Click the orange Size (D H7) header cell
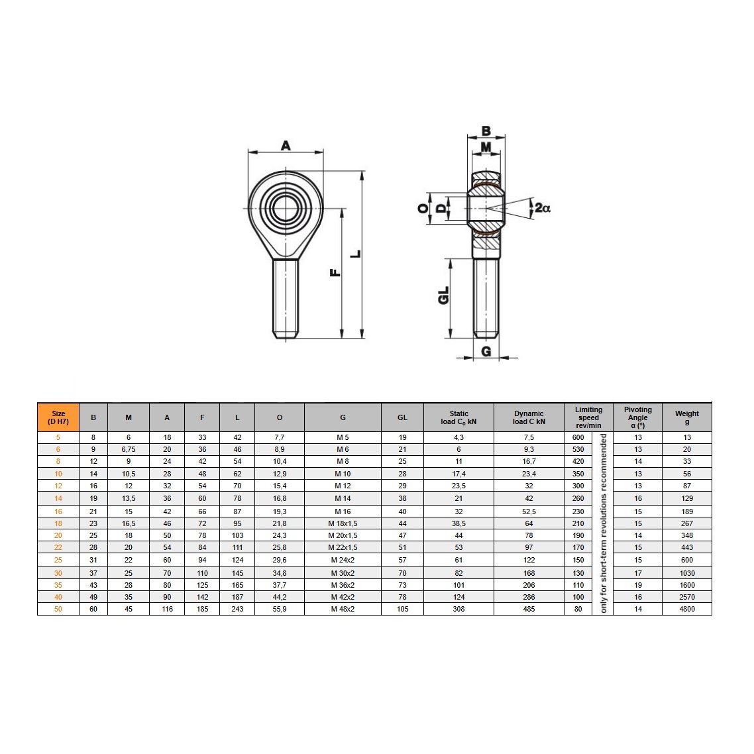coord(58,417)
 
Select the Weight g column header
coord(686,417)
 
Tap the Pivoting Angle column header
coord(637,417)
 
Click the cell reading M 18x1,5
coord(343,523)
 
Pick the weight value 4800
coord(686,609)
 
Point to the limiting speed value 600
coord(578,437)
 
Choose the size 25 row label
coord(58,560)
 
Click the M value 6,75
coord(129,449)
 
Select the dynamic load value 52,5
coord(529,512)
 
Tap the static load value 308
coord(458,609)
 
